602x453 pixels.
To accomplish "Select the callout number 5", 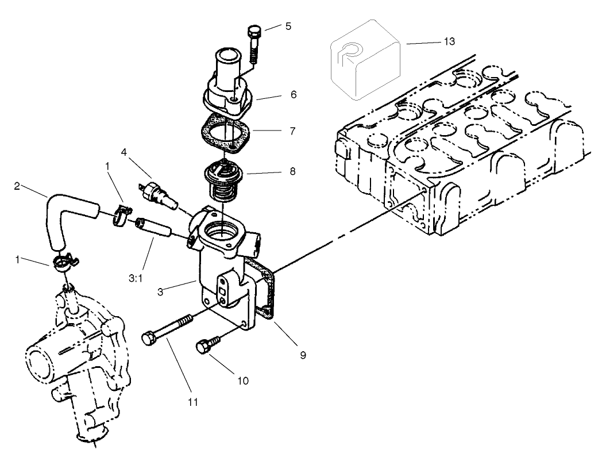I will coord(288,26).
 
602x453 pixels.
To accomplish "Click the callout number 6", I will coord(294,93).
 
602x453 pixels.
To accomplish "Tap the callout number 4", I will coord(124,153).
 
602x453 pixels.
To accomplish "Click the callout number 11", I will coord(192,401).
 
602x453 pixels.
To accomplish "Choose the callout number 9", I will coord(302,355).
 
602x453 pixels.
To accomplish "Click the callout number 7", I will coord(293,132).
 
